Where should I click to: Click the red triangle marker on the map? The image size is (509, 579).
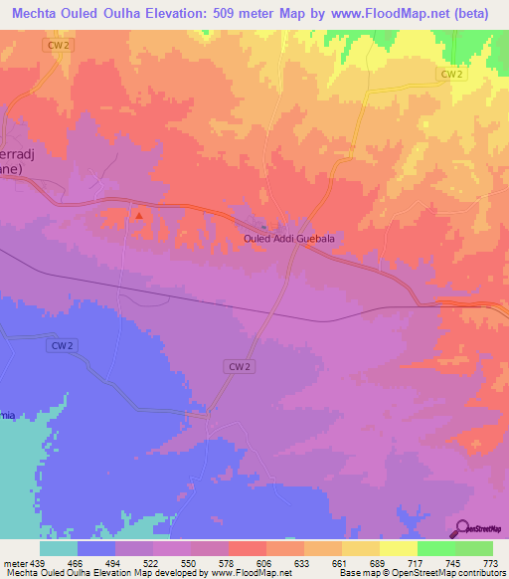[140, 214]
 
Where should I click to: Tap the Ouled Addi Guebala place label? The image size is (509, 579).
[288, 239]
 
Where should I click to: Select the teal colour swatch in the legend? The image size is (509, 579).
[59, 548]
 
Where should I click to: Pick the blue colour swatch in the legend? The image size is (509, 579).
[96, 548]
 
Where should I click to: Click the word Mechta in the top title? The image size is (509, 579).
[39, 14]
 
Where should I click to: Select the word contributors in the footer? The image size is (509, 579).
[480, 573]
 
